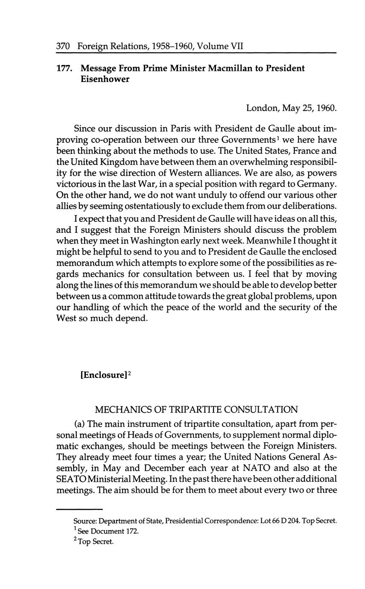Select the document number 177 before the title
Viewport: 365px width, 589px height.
(64, 68)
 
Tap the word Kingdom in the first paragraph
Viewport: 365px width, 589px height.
(117, 162)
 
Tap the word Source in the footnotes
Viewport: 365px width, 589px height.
(85, 521)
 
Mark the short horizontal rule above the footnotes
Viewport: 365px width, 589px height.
(79, 509)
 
